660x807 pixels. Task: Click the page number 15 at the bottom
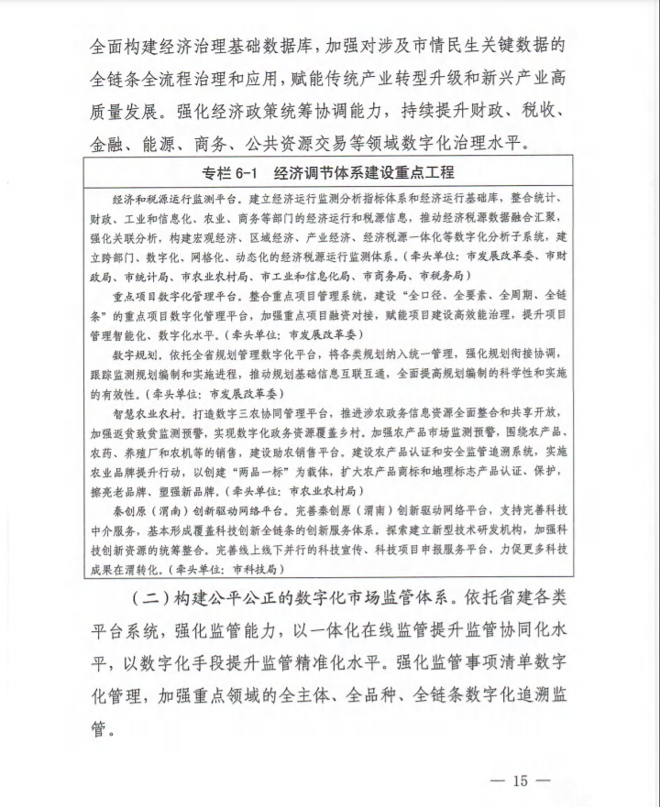click(x=521, y=780)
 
